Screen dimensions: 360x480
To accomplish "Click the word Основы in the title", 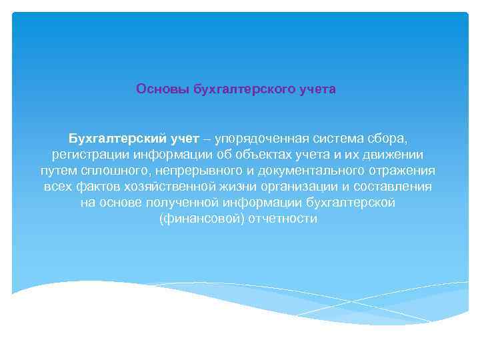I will tap(158, 89).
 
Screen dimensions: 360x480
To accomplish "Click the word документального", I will tap(309, 171).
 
